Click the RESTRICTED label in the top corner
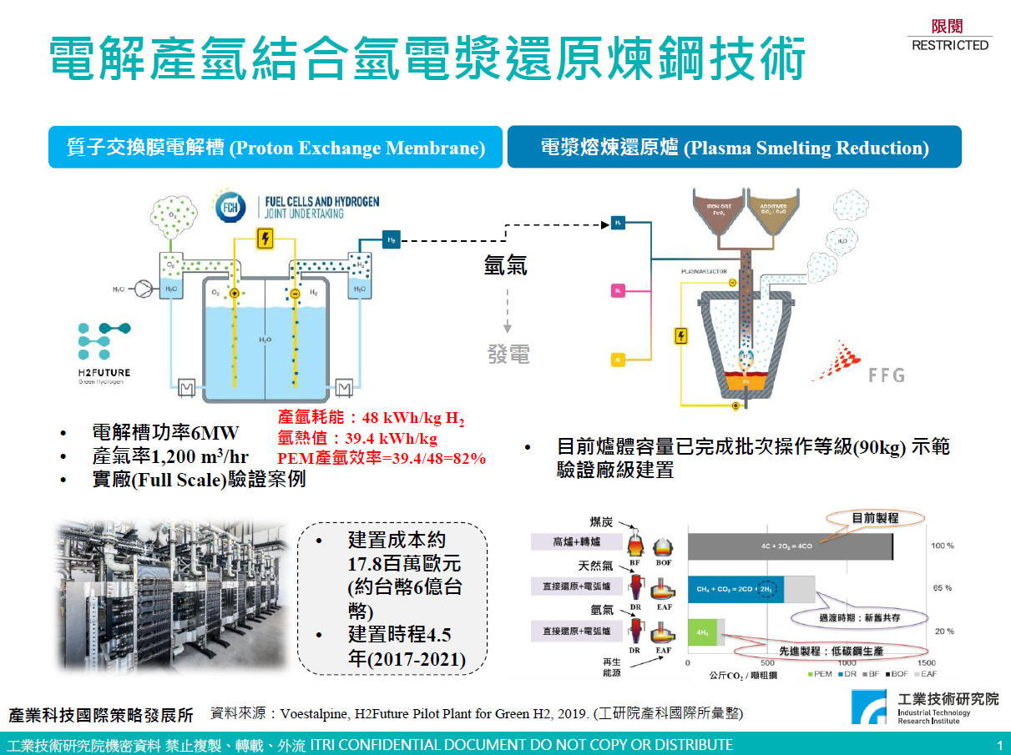(950, 45)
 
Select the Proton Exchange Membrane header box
(275, 148)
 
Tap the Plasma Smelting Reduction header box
(734, 148)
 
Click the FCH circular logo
(230, 208)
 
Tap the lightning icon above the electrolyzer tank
(265, 239)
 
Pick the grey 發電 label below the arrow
(508, 354)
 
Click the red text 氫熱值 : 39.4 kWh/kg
(357, 438)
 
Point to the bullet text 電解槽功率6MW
(165, 433)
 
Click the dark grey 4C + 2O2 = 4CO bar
(790, 547)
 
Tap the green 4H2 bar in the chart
(702, 632)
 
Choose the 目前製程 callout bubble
(875, 517)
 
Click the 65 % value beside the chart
(943, 588)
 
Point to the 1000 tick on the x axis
(847, 662)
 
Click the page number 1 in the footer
(999, 744)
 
